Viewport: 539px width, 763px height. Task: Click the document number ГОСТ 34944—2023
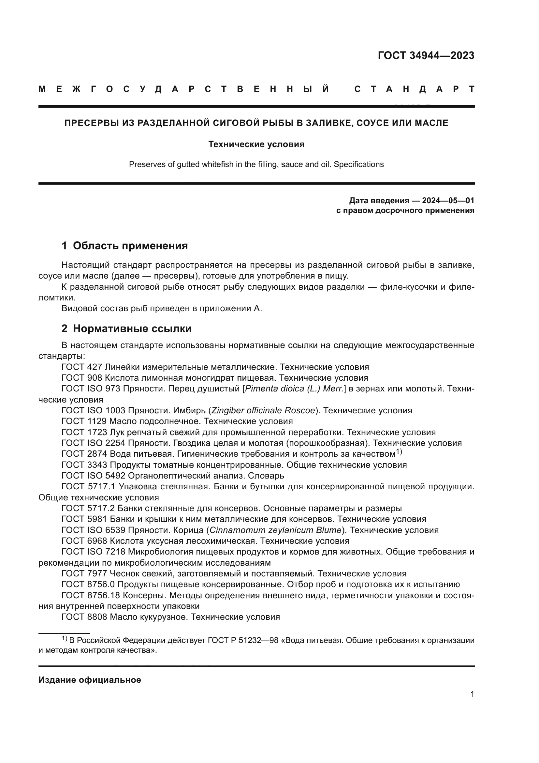426,55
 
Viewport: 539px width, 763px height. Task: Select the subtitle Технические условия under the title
256,145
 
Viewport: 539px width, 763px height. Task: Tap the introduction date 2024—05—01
448,200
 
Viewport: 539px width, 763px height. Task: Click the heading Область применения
130,246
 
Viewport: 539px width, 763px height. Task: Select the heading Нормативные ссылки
132,329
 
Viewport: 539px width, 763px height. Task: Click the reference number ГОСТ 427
82,367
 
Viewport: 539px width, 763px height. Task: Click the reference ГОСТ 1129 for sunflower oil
84,421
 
